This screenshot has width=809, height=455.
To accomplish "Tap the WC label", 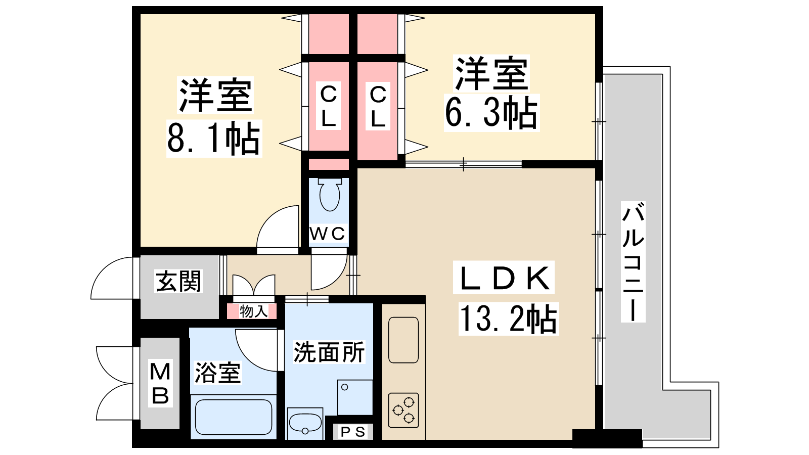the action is tap(328, 234).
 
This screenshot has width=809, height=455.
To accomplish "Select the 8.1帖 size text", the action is tap(214, 138).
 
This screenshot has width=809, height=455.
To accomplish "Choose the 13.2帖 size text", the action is tap(508, 318).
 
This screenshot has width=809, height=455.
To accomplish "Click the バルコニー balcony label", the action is tap(633, 262).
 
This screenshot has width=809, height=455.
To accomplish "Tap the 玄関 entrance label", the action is tap(178, 281).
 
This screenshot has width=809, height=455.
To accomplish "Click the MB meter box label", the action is tap(160, 384).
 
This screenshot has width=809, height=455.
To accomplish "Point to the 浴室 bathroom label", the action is tap(217, 373).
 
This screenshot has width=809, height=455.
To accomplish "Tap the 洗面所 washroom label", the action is tap(329, 352).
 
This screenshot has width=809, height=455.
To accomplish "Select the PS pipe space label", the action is tap(353, 432).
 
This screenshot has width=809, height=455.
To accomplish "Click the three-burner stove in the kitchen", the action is tap(403, 410).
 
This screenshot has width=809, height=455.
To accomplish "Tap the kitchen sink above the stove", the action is tap(403, 340).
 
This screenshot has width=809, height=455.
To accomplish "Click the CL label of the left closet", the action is tap(328, 106).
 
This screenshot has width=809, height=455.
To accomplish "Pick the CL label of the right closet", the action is tap(378, 106).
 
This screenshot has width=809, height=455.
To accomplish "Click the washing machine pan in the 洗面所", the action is tap(355, 397).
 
